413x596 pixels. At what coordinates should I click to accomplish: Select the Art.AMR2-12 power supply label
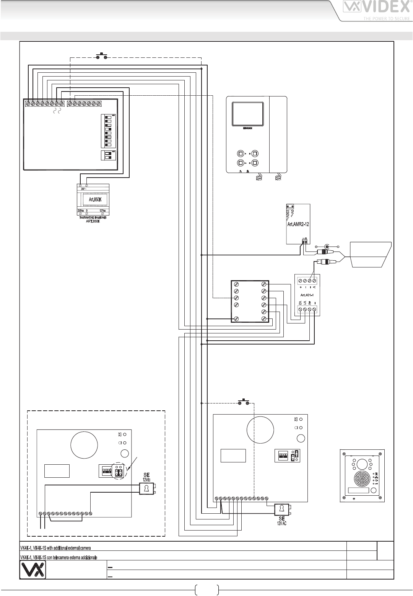(298, 225)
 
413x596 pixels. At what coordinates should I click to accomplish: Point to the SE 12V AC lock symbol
(281, 509)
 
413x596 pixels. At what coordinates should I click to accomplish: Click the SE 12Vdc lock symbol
(146, 488)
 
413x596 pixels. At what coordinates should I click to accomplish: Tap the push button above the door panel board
(244, 403)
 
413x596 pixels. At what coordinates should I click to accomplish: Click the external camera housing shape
(369, 255)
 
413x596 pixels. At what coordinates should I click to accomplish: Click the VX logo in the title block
(33, 570)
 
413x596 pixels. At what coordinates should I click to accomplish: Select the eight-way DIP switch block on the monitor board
(108, 131)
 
